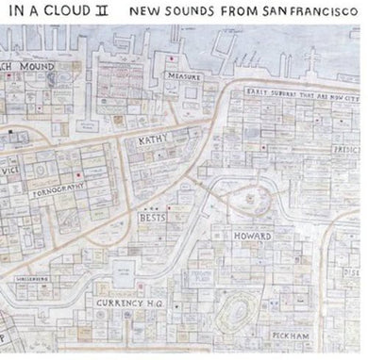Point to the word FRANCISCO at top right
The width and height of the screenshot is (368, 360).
click(x=324, y=15)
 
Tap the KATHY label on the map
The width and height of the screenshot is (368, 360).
click(x=152, y=143)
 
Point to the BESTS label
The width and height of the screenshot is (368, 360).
click(x=152, y=216)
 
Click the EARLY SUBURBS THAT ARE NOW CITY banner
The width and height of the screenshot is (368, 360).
click(x=293, y=93)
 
